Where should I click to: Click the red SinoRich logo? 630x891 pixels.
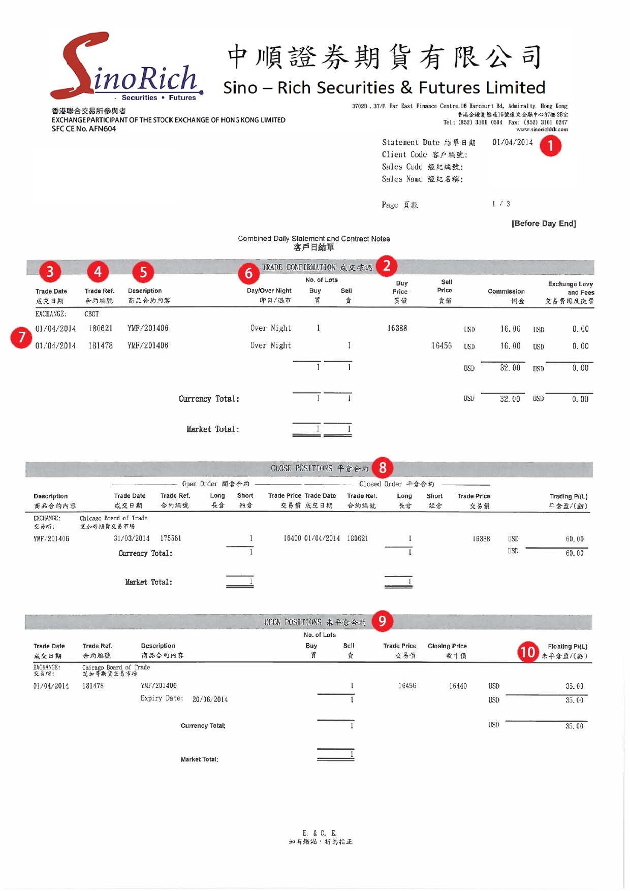click(127, 69)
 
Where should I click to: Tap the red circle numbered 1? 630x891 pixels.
click(550, 146)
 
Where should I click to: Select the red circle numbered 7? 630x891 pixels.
click(21, 337)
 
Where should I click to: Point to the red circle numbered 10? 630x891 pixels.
click(528, 652)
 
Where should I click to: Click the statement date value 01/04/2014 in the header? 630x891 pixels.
click(513, 142)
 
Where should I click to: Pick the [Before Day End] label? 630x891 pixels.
click(544, 224)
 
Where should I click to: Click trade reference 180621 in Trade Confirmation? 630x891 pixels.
click(100, 329)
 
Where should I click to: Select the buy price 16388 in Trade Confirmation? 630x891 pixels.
click(397, 329)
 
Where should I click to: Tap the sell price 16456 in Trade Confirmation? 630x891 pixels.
click(442, 346)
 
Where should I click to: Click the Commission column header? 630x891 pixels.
click(506, 292)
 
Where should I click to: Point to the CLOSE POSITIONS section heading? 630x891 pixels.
click(319, 468)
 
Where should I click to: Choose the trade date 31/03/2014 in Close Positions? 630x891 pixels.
click(132, 538)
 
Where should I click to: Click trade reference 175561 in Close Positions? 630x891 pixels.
click(171, 538)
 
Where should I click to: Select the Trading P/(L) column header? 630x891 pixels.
click(569, 497)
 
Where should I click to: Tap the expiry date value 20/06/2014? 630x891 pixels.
click(210, 699)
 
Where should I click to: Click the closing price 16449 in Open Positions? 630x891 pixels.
click(458, 686)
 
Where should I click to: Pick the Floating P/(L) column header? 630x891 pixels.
click(567, 647)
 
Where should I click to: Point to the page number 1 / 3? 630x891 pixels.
click(501, 204)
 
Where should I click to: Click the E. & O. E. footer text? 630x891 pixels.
click(319, 833)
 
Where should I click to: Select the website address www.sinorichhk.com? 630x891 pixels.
click(542, 130)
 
